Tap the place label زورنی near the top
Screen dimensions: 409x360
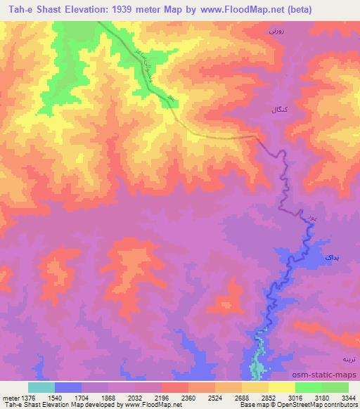coord(276,31)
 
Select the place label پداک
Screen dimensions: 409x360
coord(332,258)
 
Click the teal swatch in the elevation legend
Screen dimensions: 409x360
coord(41,387)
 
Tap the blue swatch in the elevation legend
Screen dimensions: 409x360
coord(67,387)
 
